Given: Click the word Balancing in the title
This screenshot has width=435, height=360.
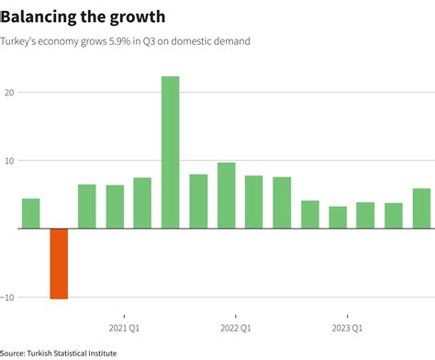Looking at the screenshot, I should (41, 16).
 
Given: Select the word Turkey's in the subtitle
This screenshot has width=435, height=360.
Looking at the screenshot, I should (21, 41).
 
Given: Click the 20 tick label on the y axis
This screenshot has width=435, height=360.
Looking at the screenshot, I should (9, 93).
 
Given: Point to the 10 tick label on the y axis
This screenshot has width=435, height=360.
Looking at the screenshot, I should (9, 161).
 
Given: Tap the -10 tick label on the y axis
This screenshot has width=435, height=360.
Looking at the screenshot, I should (8, 297).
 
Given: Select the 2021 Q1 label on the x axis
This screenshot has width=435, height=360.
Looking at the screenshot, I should (123, 328).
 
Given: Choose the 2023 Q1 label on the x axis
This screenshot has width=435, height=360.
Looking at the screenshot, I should (346, 328).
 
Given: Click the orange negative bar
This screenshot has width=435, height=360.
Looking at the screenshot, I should (59, 264).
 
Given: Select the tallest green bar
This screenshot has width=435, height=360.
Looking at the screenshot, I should (171, 152).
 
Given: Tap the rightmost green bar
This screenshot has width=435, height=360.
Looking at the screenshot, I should (421, 208).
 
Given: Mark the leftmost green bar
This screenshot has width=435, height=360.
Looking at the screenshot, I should (31, 213).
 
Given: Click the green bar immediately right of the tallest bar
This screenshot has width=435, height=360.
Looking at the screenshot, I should (198, 201).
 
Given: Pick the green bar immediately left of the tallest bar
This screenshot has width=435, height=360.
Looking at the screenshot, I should (142, 203).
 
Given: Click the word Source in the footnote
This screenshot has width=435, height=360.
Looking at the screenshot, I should (15, 352).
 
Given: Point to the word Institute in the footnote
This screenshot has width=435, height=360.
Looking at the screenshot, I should (99, 352).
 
